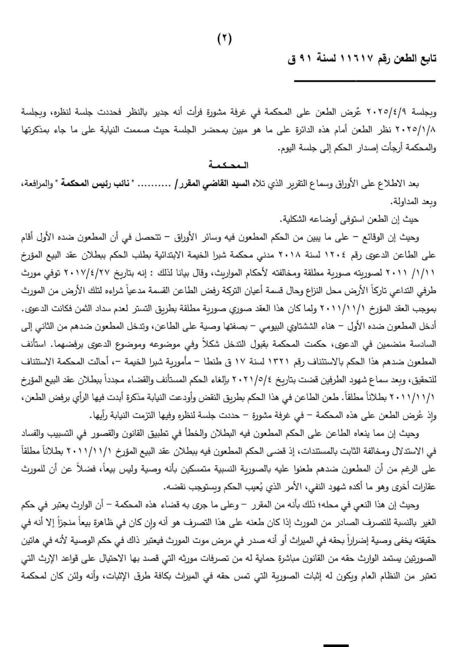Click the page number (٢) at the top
225,39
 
